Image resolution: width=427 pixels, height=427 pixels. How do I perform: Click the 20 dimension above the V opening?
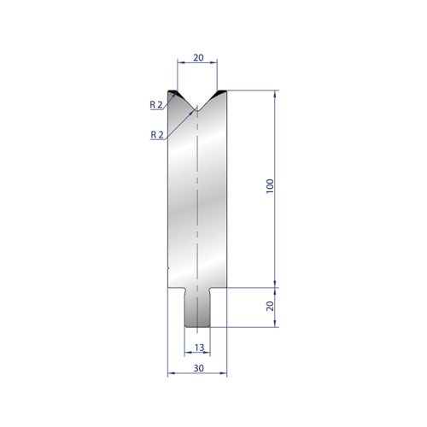[x=198, y=58]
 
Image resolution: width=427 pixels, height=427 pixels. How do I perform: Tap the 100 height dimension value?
[x=270, y=186]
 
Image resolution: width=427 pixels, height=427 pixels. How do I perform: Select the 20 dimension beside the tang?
[x=270, y=306]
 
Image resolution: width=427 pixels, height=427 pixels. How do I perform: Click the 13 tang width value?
[x=199, y=348]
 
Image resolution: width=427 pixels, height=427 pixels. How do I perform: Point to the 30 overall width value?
[x=199, y=368]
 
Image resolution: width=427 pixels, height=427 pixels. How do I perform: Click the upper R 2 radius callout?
[x=156, y=105]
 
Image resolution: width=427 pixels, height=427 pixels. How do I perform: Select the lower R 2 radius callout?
[x=157, y=135]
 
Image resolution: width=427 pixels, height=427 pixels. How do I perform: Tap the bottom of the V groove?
[x=197, y=109]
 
